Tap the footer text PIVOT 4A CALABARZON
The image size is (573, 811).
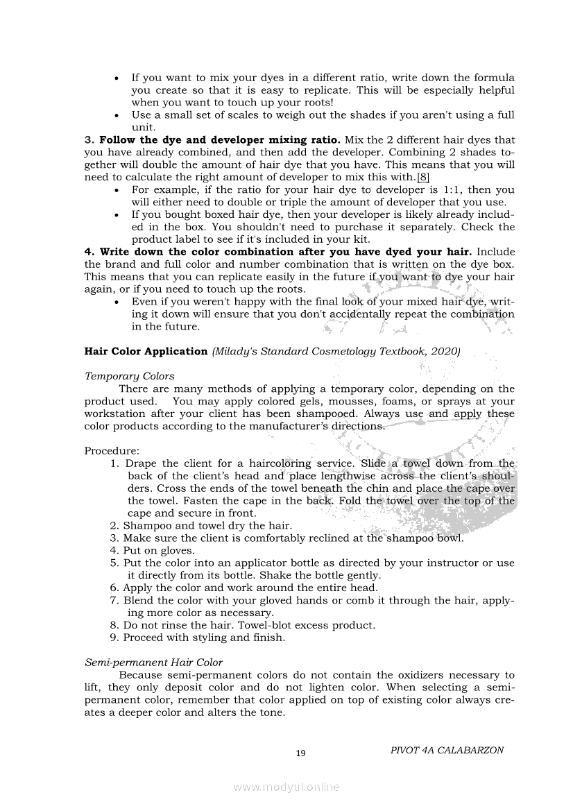pyautogui.click(x=447, y=750)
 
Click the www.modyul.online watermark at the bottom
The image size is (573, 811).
pyautogui.click(x=286, y=787)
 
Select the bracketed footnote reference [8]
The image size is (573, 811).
pyautogui.click(x=423, y=178)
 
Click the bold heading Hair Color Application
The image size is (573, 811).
pyautogui.click(x=146, y=352)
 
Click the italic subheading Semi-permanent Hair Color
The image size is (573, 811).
pyautogui.click(x=153, y=663)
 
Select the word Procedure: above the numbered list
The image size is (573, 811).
pyautogui.click(x=112, y=451)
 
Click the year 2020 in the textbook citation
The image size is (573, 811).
pyautogui.click(x=443, y=352)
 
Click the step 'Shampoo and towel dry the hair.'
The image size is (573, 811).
pyautogui.click(x=207, y=526)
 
